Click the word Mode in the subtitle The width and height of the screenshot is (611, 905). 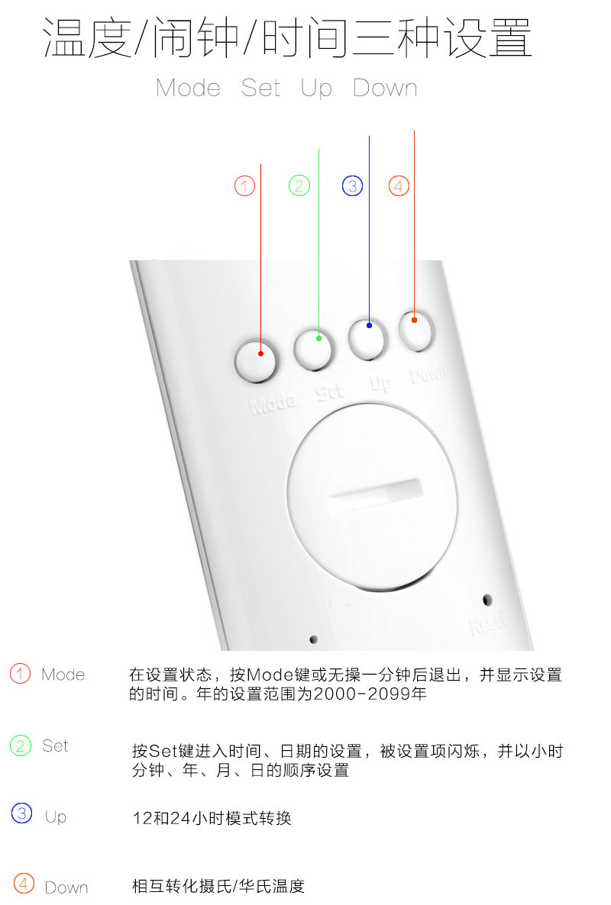point(189,89)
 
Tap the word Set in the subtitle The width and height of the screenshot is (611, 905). point(261,89)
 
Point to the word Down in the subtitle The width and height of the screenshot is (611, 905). point(385,89)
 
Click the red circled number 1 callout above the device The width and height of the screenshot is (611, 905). point(245,186)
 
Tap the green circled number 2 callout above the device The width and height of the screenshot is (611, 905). point(299,186)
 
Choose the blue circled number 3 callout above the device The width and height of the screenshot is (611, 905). point(352,186)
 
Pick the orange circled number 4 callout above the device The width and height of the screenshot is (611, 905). point(399,186)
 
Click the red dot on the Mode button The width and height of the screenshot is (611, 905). point(261,353)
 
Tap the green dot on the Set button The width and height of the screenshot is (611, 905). point(318,338)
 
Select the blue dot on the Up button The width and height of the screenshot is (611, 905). point(369,326)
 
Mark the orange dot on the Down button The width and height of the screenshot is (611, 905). point(414,320)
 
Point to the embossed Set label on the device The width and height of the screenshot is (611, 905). point(330,392)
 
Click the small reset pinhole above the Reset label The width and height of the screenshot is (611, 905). point(487,600)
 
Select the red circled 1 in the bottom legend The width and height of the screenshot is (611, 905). point(20,674)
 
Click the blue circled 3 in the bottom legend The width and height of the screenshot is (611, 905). point(22,813)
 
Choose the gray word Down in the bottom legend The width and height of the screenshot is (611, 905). point(66,887)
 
